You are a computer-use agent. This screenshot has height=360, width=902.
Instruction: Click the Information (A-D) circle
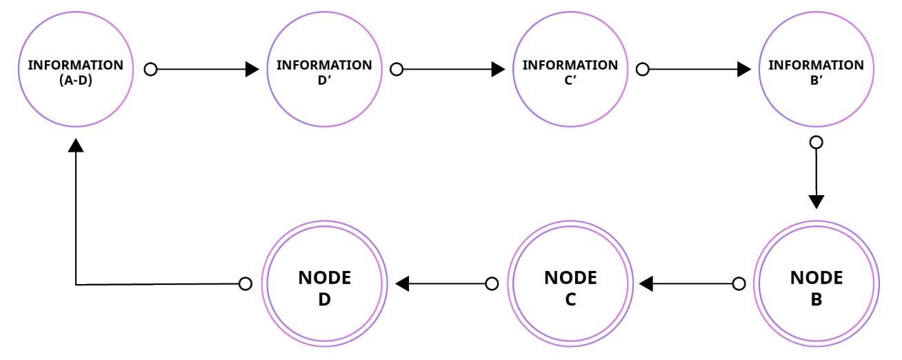coord(76,69)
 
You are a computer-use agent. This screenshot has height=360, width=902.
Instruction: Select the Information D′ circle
coord(324,69)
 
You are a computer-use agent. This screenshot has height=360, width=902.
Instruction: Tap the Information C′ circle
coord(570,69)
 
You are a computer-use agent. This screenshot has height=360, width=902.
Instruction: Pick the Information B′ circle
coord(816,69)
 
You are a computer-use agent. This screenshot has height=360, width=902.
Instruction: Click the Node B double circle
coord(816,284)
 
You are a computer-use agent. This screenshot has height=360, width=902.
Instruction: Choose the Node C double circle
coord(570,284)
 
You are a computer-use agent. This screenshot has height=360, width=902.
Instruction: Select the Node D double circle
coord(324,284)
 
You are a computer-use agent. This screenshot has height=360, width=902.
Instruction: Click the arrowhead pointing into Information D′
coord(252,70)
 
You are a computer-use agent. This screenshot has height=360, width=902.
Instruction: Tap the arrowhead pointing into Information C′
coord(498,70)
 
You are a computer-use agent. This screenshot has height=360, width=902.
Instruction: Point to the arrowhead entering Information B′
coord(744,70)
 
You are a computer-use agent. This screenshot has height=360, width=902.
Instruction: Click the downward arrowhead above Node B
coord(816,202)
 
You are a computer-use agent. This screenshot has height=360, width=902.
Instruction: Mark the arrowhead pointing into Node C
coord(646,283)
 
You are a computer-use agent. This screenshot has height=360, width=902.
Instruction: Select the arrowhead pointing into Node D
coord(402,283)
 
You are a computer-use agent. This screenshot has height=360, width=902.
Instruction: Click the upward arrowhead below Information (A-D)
coord(76,144)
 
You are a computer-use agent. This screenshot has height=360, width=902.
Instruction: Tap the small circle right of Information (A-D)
coord(150,70)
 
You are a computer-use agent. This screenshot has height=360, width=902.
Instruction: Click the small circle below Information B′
coord(816,143)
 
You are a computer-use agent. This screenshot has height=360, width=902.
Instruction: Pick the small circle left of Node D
coord(245,283)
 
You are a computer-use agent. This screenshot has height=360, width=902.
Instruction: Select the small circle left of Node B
coord(739,283)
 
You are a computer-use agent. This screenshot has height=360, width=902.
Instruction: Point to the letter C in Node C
coord(570,300)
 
